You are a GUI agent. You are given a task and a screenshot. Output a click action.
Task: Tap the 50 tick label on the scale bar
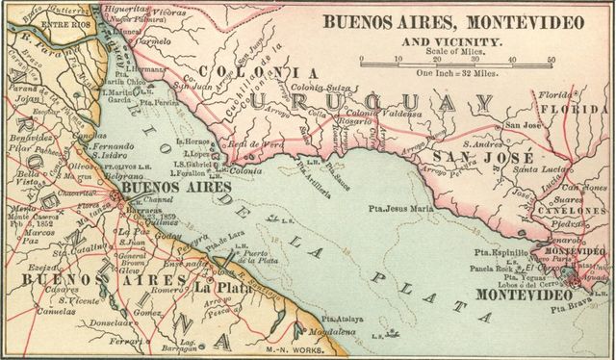click(x=551, y=60)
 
